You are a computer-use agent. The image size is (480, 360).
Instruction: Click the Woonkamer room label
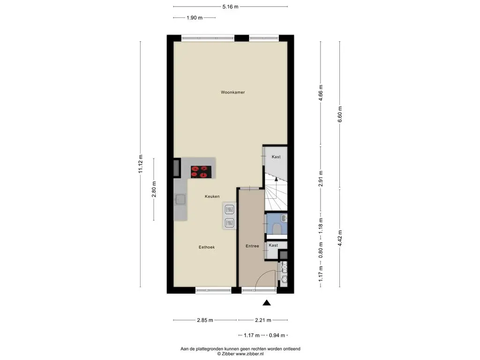click(x=232, y=92)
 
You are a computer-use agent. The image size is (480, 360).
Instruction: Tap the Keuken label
click(x=212, y=196)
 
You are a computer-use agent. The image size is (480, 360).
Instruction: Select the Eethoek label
click(x=207, y=247)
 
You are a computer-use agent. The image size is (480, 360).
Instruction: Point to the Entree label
click(x=252, y=246)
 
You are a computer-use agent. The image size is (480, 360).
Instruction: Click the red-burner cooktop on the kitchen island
click(x=201, y=172)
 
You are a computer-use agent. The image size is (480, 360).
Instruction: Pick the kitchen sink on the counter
click(x=180, y=200)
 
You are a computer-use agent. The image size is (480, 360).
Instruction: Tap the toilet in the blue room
click(x=277, y=228)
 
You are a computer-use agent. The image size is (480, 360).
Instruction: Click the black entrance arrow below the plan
click(x=267, y=303)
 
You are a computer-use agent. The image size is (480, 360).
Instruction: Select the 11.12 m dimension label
click(x=141, y=164)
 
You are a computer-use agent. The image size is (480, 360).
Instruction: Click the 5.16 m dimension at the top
click(x=231, y=7)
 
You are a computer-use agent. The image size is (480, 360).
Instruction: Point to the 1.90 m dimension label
click(x=195, y=18)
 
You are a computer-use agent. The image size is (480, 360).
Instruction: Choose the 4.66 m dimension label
click(x=321, y=92)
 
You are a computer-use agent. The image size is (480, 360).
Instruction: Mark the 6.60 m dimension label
click(x=339, y=114)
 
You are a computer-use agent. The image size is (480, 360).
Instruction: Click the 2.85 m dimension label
click(x=205, y=320)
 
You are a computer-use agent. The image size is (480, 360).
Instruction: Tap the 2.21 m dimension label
click(x=263, y=320)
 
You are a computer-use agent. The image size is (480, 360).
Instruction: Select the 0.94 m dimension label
click(x=277, y=335)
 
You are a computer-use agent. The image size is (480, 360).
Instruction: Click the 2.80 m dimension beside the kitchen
click(x=154, y=189)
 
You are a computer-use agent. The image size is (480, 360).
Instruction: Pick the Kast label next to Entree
click(x=273, y=245)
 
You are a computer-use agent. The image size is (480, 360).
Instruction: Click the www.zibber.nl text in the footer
click(x=249, y=353)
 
